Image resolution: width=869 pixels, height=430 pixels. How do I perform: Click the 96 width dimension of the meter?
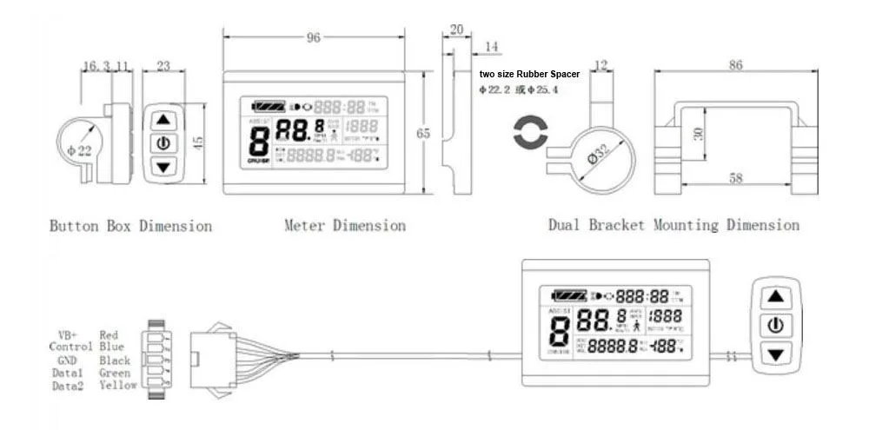314,37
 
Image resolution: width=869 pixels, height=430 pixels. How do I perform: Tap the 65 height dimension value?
423,133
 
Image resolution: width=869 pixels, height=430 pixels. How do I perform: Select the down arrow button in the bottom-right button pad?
776,354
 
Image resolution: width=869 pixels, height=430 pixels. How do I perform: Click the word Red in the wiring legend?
109,334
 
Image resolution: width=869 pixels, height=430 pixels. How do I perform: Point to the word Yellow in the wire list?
118,386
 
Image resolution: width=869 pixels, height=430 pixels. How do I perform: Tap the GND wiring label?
68,360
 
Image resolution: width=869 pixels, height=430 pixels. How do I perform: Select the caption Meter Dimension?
345,226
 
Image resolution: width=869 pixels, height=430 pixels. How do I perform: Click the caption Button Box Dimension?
130,226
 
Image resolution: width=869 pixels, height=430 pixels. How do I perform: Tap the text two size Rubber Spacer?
529,75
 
